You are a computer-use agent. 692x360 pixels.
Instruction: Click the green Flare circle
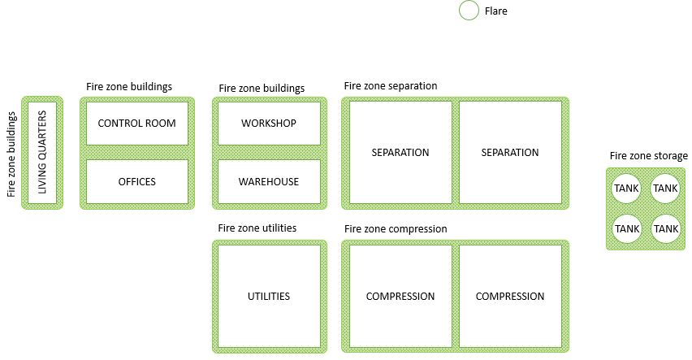click(x=469, y=11)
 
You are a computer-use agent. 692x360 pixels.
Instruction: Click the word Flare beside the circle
click(x=495, y=11)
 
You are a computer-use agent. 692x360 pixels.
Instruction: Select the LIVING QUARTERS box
click(x=42, y=152)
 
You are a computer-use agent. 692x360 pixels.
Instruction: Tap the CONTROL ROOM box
click(x=136, y=124)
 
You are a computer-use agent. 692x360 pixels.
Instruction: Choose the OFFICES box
click(x=136, y=181)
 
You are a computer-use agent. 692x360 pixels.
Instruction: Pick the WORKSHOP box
click(x=269, y=124)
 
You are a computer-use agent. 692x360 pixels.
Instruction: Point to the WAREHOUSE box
click(x=269, y=181)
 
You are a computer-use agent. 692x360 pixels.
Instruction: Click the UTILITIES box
click(x=269, y=296)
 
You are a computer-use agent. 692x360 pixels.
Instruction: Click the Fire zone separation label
click(x=391, y=85)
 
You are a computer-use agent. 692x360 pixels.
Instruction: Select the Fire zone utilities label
click(x=257, y=228)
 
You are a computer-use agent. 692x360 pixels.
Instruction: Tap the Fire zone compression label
click(x=396, y=229)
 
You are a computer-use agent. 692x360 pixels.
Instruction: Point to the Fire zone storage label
click(x=649, y=156)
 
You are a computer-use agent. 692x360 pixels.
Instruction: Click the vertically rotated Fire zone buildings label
click(x=11, y=154)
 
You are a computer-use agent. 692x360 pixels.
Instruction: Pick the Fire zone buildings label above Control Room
click(x=129, y=86)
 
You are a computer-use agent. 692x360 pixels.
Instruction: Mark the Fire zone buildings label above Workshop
click(x=262, y=88)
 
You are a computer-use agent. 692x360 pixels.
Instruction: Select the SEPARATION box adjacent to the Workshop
click(x=400, y=152)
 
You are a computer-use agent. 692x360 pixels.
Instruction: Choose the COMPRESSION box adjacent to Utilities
click(x=400, y=296)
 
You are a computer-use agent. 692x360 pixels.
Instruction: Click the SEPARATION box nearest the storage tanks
click(x=510, y=152)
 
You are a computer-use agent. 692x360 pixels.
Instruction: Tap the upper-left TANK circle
click(x=627, y=189)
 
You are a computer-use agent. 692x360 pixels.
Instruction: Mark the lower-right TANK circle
click(x=665, y=228)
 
